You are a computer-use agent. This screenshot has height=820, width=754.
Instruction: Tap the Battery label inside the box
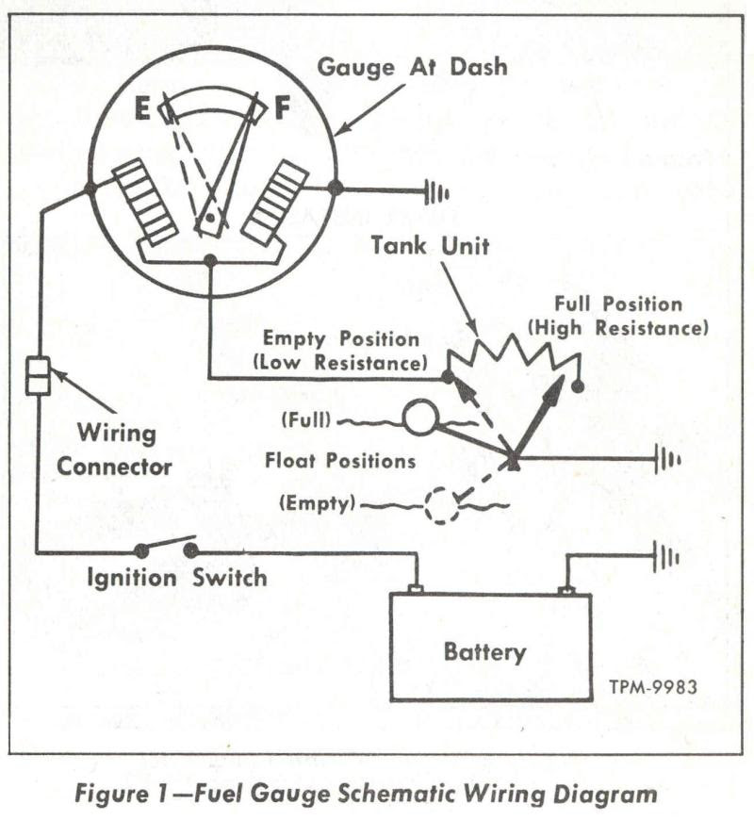pos(484,652)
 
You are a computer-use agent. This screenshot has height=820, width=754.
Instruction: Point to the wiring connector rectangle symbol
pos(38,376)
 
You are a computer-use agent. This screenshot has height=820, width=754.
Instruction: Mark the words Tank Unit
pos(430,246)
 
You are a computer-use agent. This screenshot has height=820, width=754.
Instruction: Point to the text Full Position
pos(617,304)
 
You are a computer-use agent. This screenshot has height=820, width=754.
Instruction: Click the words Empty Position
pos(340,337)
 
